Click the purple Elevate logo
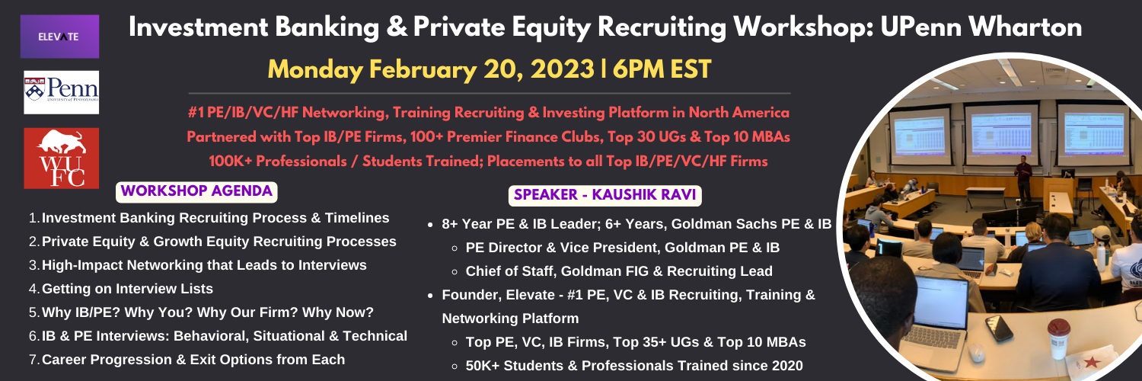(59, 37)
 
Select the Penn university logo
(61, 92)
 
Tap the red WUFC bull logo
(61, 158)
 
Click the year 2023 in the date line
(563, 69)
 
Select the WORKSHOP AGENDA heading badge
(196, 192)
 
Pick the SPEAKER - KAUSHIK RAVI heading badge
(605, 195)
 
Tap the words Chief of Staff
(509, 271)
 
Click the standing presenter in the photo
(1022, 179)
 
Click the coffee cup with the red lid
(1058, 338)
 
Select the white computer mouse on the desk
(977, 352)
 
